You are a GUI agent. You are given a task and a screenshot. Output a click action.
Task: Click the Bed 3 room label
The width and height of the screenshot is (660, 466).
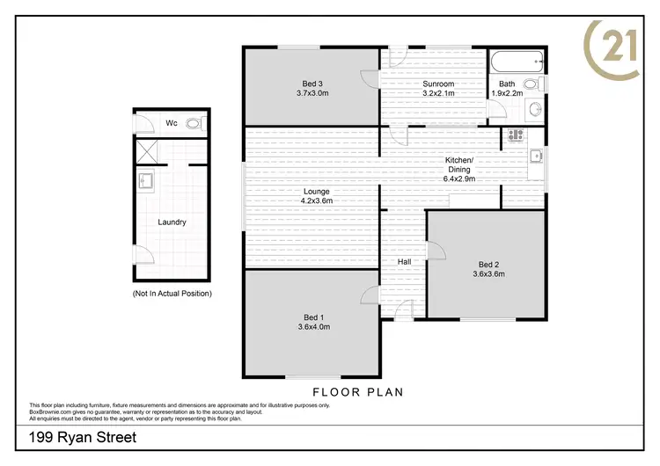[x=312, y=84]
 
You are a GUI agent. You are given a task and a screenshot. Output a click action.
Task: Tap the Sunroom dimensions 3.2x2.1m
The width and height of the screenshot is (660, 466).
[x=437, y=93]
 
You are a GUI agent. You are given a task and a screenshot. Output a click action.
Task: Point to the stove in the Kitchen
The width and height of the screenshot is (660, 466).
[x=515, y=136]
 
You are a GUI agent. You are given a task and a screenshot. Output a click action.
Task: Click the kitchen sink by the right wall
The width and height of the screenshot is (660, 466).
[x=535, y=158]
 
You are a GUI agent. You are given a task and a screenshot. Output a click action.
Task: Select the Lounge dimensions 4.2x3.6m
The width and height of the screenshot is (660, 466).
[x=316, y=200]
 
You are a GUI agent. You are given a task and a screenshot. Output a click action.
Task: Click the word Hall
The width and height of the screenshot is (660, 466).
[x=404, y=261]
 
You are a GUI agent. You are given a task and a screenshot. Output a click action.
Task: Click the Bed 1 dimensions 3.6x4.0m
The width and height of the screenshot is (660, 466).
[x=312, y=326]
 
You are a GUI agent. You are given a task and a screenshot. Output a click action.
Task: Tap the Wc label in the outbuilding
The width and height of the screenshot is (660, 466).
[x=172, y=123]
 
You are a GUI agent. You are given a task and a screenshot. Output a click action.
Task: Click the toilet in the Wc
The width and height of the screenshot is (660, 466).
[x=194, y=124]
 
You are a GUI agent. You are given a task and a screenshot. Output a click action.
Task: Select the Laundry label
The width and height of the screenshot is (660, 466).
[x=172, y=222]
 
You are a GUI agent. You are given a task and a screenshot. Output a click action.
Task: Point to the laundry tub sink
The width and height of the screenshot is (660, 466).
[x=145, y=182]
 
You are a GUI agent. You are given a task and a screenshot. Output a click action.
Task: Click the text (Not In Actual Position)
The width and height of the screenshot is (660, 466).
[x=172, y=293]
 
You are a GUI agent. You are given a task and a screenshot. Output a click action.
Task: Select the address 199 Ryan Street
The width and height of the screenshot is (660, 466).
[x=83, y=437]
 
